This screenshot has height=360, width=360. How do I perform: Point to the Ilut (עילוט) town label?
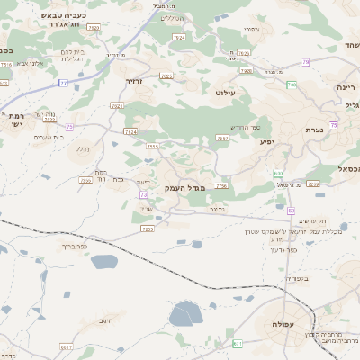226,92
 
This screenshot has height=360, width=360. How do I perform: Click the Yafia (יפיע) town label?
266,141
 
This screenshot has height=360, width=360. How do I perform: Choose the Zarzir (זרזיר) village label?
134,81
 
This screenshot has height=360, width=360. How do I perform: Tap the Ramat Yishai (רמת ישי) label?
18,121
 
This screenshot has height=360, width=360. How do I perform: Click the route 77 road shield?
64,83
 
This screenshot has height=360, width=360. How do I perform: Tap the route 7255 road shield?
148,229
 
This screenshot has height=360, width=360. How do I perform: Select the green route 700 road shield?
292,85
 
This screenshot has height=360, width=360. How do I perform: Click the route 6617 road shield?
66,346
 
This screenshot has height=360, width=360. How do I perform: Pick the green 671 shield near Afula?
238,343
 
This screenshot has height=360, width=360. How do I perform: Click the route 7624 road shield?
131,131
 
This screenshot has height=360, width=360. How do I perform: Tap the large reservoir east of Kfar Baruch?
104,263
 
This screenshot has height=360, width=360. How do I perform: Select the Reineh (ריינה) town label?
346,87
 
